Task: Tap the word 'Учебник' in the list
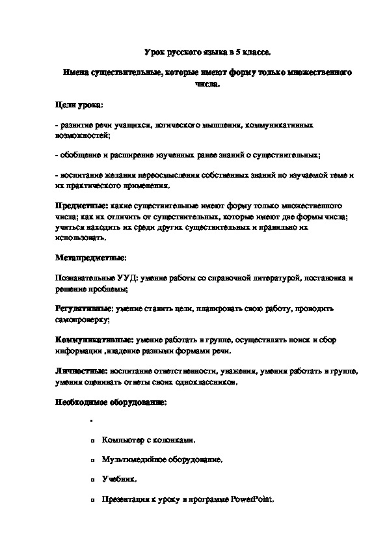(118, 479)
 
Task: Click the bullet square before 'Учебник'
(94, 480)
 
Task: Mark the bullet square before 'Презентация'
(94, 500)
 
